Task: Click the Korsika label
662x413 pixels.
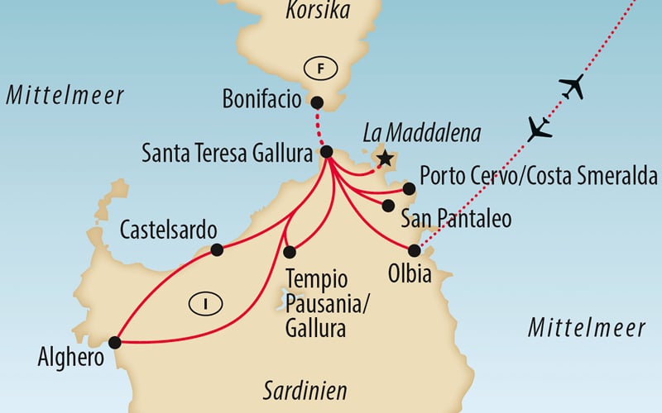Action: (318, 11)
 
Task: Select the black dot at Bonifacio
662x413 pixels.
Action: (316, 102)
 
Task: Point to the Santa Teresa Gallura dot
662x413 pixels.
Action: (326, 152)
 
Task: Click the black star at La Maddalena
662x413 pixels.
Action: (383, 157)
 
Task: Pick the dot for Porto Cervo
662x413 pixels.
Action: (408, 188)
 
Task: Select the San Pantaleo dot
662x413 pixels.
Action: (387, 205)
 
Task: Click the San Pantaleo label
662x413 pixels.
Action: (455, 219)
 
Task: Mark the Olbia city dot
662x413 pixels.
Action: (415, 249)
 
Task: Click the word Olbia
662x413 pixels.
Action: (409, 273)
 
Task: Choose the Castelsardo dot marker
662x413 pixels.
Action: (216, 249)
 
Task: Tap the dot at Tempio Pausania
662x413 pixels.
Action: (289, 252)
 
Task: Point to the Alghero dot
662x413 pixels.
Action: (114, 342)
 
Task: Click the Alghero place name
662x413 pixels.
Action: (71, 359)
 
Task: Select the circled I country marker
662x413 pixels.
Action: (202, 303)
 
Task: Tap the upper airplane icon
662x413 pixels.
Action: (571, 85)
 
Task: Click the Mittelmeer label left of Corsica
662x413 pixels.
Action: (65, 95)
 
